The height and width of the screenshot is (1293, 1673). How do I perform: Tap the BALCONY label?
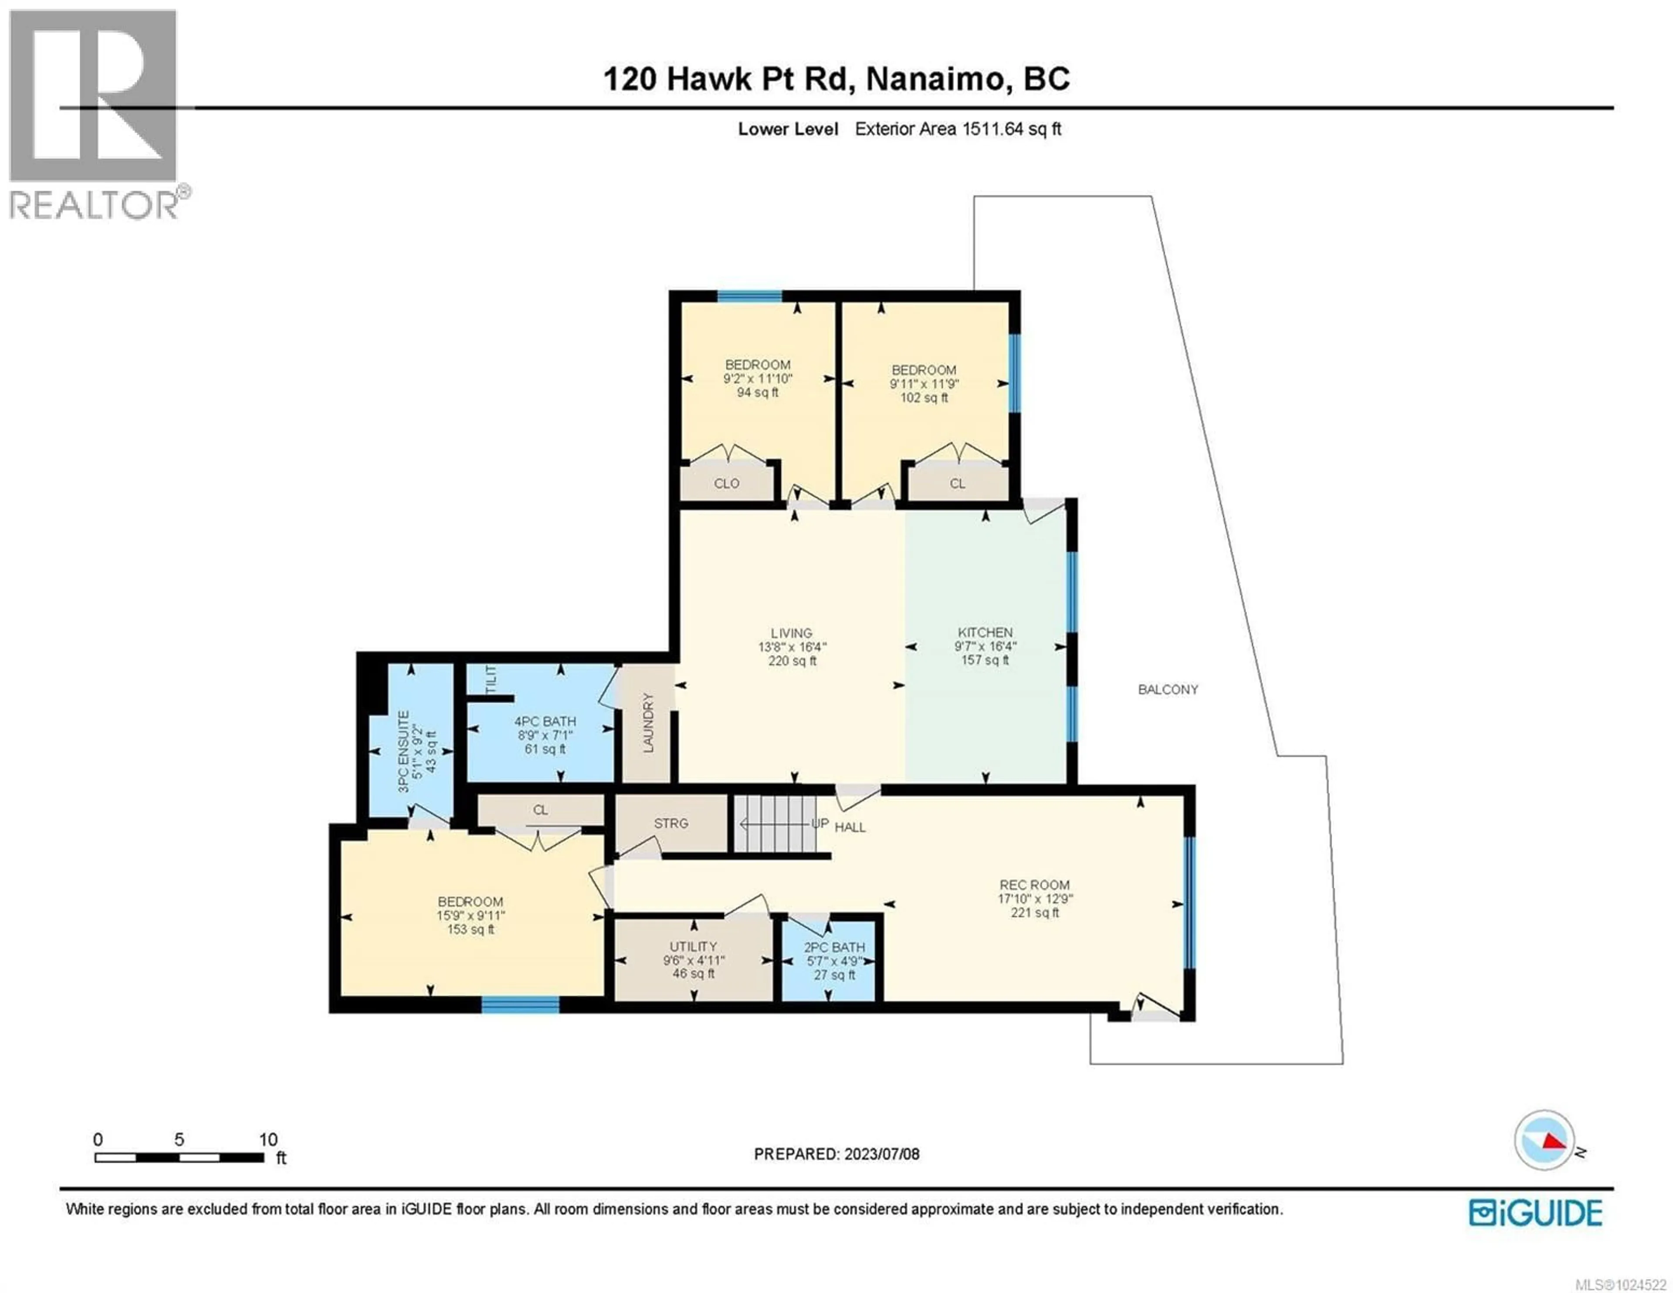pyautogui.click(x=1168, y=689)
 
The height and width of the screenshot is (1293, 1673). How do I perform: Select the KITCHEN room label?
pyautogui.click(x=985, y=632)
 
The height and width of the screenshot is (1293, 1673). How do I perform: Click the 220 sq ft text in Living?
pyautogui.click(x=792, y=661)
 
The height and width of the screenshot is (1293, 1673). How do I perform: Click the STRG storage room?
pyautogui.click(x=671, y=823)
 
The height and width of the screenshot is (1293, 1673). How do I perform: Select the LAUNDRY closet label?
pyautogui.click(x=648, y=723)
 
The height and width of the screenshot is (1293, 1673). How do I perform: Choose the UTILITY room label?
pyautogui.click(x=693, y=947)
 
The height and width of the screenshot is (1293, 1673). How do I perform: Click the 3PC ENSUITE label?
pyautogui.click(x=404, y=751)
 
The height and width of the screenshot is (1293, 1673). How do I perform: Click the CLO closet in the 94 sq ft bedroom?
pyautogui.click(x=726, y=484)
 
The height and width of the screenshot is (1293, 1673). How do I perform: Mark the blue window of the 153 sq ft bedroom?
pyautogui.click(x=520, y=1005)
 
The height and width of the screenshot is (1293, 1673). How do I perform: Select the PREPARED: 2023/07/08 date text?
pyautogui.click(x=836, y=1154)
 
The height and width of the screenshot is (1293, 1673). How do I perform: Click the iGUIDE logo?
pyautogui.click(x=1535, y=1212)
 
